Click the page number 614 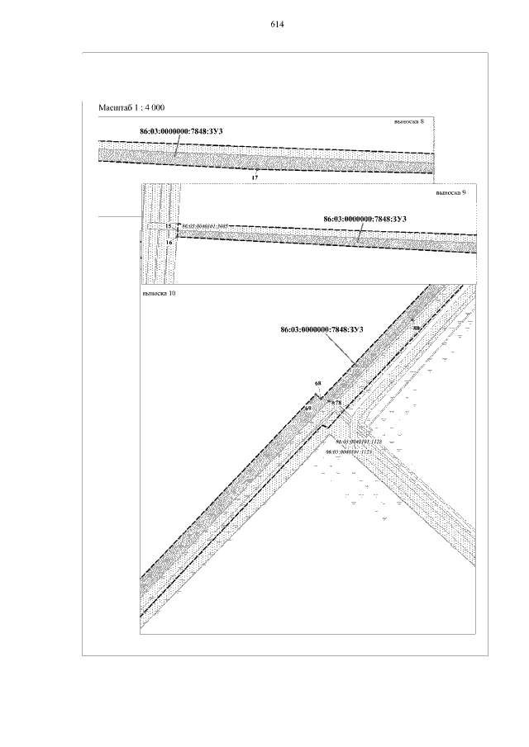277,25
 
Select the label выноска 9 451,192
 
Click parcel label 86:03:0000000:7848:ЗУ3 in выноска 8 181,131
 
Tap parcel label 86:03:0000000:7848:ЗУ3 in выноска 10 322,329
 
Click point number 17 255,177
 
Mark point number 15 168,225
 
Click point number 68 318,384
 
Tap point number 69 307,408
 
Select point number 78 337,403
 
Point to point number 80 416,328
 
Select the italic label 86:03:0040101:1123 350,452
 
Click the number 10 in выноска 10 171,293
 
